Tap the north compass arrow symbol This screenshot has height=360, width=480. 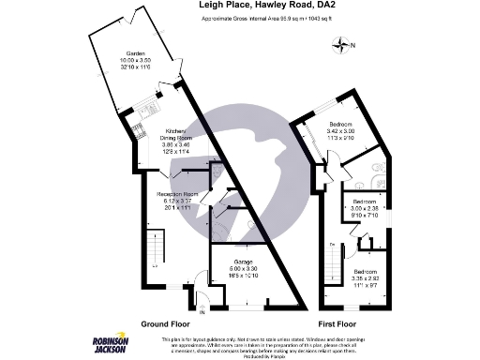click(x=343, y=45)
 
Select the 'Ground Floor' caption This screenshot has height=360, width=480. click(x=167, y=323)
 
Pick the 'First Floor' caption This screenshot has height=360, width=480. click(x=340, y=323)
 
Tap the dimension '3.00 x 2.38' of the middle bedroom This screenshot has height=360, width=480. click(x=366, y=210)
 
